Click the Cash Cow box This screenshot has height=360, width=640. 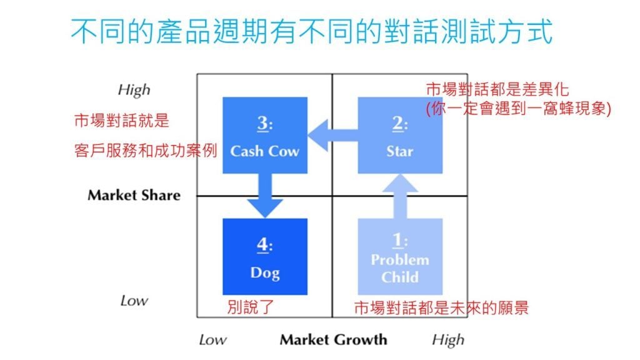click(x=265, y=135)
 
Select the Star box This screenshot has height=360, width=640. click(x=399, y=135)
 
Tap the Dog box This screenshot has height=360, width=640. click(x=265, y=256)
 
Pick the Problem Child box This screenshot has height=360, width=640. click(x=399, y=256)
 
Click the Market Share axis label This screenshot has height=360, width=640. click(x=134, y=195)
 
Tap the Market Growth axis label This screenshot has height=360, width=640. click(x=333, y=340)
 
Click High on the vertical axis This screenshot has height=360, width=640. click(x=134, y=89)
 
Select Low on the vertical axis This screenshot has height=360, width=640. click(x=134, y=301)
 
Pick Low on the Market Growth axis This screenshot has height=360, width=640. click(x=212, y=340)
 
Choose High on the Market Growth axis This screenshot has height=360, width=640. click(x=447, y=340)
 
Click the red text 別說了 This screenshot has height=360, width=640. click(x=251, y=307)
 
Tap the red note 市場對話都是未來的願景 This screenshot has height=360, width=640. click(x=441, y=307)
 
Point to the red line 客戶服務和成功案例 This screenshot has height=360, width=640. click(x=145, y=151)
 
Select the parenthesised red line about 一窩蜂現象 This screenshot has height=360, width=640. click(x=517, y=107)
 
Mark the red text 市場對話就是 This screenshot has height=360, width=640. click(x=121, y=121)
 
